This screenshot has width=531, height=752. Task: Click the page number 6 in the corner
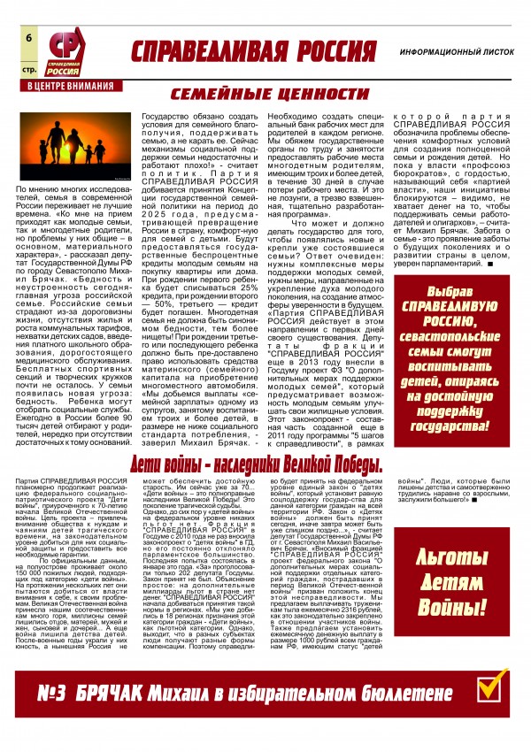click(x=29, y=38)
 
